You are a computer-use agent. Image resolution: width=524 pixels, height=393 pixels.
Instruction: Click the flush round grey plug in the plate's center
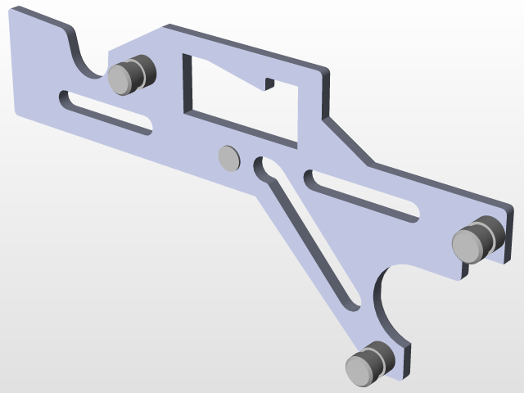click(x=228, y=156)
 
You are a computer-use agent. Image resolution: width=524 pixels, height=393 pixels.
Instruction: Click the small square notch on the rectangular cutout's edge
click(x=269, y=84)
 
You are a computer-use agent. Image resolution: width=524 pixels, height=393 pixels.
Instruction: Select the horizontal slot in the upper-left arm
click(x=106, y=111)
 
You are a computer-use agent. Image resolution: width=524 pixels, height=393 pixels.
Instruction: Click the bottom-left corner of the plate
click(x=18, y=112)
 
